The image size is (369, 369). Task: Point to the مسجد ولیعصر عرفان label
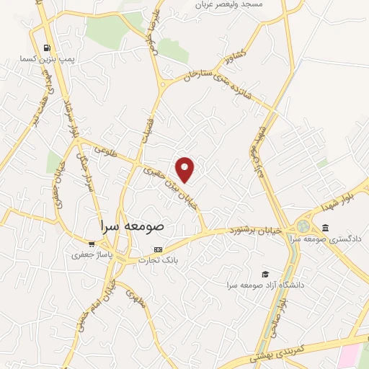(x=229, y=5)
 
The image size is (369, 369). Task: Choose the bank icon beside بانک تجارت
(x=159, y=249)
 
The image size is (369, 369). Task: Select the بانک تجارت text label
(x=158, y=259)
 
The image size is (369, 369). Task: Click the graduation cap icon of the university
(x=265, y=275)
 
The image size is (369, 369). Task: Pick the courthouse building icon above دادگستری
(x=325, y=228)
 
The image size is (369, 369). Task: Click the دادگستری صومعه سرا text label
(x=333, y=239)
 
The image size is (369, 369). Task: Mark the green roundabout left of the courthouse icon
(x=303, y=226)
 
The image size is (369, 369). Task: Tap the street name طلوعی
(x=106, y=151)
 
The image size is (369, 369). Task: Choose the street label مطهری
(x=135, y=298)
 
